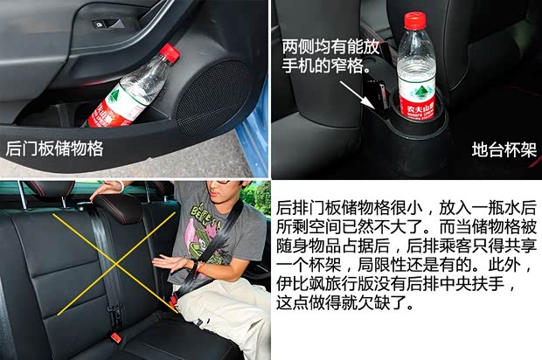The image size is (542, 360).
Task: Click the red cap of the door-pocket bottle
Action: [x=170, y=52]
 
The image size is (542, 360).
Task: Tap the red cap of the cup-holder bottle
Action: [x=415, y=20]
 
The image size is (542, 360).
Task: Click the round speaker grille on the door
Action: [x=214, y=98]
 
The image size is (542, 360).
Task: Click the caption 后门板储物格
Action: [x=54, y=149]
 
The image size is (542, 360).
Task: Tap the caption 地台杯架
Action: [x=504, y=150]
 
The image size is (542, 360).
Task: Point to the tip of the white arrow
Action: [x=374, y=107]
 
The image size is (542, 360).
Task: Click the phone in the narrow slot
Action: [x=382, y=96]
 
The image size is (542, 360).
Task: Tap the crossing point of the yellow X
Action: [x=115, y=264]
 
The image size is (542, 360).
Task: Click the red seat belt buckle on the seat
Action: [x=116, y=337]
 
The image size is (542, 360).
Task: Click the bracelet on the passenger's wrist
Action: [x=196, y=268]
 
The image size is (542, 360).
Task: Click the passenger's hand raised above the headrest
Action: [x=108, y=188]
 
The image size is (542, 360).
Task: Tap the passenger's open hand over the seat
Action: [x=171, y=264]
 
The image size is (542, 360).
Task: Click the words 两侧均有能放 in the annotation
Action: [x=330, y=46]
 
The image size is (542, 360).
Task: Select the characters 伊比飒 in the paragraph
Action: [x=301, y=284]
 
